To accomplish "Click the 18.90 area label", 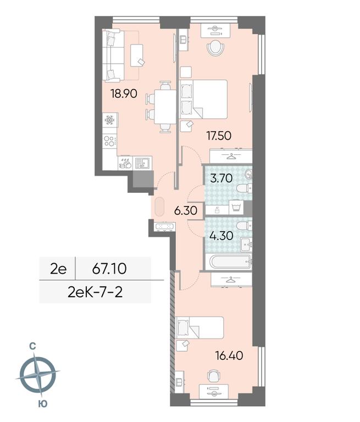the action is pyautogui.click(x=124, y=93).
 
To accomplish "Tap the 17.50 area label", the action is pyautogui.click(x=219, y=136).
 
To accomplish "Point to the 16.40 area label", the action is pyautogui.click(x=229, y=356).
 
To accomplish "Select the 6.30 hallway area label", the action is pyautogui.click(x=186, y=210).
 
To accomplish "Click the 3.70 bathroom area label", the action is pyautogui.click(x=221, y=178).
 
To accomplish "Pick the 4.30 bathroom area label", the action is pyautogui.click(x=221, y=236).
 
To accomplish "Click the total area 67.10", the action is pyautogui.click(x=109, y=269).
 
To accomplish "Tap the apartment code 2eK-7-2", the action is pyautogui.click(x=95, y=292).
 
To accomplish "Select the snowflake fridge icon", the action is pyautogui.click(x=109, y=120).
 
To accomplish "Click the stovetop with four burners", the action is pyautogui.click(x=109, y=141).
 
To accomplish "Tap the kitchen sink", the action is pyautogui.click(x=142, y=163).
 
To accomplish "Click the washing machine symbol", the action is pyautogui.click(x=236, y=208).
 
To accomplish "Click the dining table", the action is pyautogui.click(x=165, y=107).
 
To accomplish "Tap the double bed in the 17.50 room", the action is pyautogui.click(x=203, y=99).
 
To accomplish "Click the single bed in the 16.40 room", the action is pyautogui.click(x=200, y=327).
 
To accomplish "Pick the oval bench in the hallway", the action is pyautogui.click(x=159, y=207).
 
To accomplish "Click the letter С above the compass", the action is pyautogui.click(x=32, y=347).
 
